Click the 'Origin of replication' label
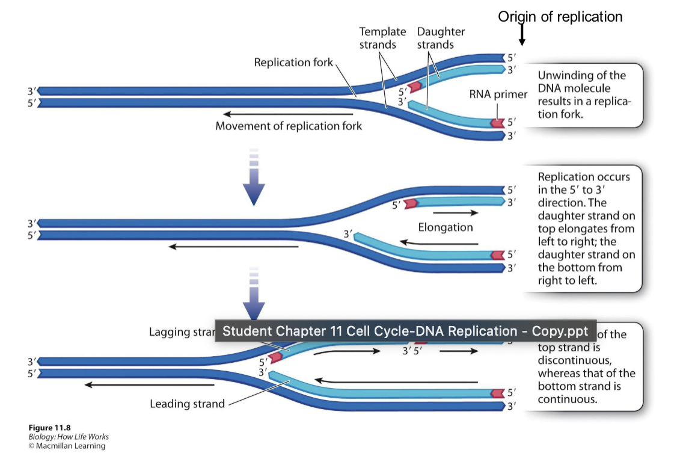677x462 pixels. pos(560,17)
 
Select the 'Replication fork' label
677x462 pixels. pos(293,63)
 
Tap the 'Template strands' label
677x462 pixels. pos(382,38)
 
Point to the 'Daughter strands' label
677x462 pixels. pos(441,38)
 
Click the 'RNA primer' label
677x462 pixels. pos(498,94)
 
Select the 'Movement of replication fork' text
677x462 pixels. pos(289,126)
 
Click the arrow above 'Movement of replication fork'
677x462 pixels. pos(289,114)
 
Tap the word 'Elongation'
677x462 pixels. pos(446,227)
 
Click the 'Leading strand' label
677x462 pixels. pos(187,404)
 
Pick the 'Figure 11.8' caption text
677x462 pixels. pos(45,428)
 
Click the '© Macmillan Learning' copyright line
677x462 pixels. pos(67,446)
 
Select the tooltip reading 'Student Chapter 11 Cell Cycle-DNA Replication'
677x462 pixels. pos(405,331)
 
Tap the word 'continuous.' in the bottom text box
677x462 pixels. pos(567,399)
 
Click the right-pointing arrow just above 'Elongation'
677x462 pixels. pos(455,213)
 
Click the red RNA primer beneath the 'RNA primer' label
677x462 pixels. pos(497,123)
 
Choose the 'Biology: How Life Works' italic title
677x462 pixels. pos(69,437)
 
